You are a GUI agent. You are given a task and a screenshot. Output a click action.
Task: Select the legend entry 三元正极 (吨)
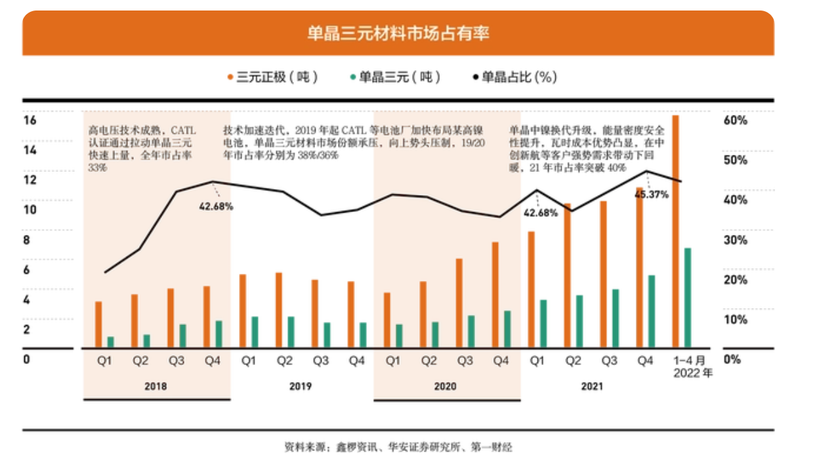273,77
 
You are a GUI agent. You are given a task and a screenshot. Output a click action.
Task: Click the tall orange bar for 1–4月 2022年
675,230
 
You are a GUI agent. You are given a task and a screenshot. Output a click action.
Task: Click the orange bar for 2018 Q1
98,324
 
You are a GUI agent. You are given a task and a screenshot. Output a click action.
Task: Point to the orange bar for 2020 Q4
495,294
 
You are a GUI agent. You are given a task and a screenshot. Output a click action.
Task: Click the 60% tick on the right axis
736,121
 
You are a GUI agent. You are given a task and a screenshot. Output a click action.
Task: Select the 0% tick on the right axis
732,359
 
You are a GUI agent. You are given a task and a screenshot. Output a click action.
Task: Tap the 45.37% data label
651,194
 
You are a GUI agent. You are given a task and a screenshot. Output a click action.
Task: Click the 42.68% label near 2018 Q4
216,206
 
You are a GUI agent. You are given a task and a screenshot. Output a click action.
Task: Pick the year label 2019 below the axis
300,386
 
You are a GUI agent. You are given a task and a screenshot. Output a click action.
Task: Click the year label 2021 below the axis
592,386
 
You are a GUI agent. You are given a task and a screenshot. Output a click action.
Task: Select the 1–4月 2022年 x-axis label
692,367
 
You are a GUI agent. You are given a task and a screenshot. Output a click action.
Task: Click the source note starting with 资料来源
398,447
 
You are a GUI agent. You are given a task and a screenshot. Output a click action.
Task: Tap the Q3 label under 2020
465,360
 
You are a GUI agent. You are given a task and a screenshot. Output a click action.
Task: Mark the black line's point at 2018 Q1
105,272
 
